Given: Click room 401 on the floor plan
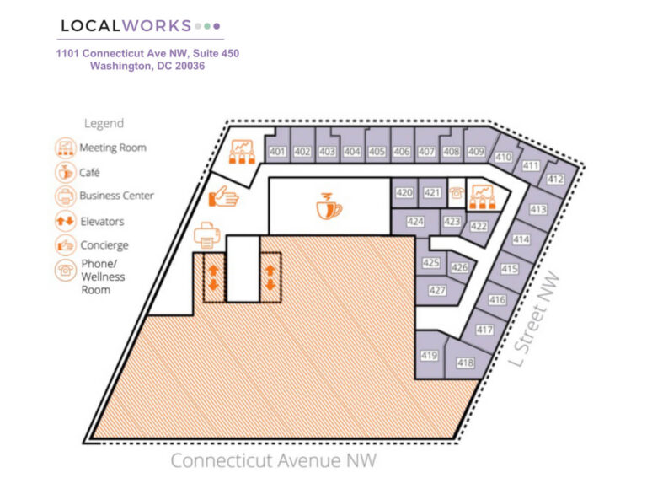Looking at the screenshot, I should coord(277,152).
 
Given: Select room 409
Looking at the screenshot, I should coord(476,152).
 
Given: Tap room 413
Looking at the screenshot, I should coord(538,209).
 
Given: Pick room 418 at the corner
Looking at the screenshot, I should coord(464,363).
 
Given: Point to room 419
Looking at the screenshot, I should coord(429,356).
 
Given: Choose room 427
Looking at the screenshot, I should coord(436,290).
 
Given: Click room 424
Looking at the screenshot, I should coord(414,222).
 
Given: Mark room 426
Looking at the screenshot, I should coord(459,267).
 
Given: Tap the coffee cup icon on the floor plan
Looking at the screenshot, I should coord(329,205).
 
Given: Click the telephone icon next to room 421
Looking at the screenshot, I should coord(456,192).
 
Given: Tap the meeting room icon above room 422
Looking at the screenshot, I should coord(482,197).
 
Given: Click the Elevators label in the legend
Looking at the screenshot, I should coord(101,222).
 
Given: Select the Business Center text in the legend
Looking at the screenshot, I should coord(116,196).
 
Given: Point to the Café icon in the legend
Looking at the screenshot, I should coord(65,172).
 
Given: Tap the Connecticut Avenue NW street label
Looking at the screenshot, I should coord(273,460).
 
